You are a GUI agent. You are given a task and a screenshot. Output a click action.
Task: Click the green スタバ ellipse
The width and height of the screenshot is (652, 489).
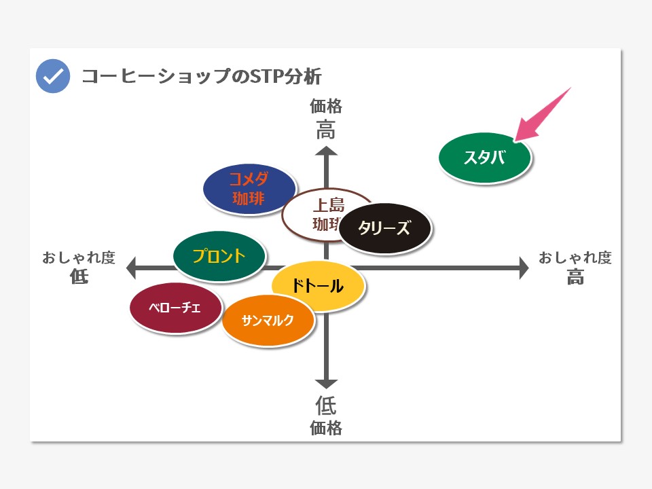pos(485,158)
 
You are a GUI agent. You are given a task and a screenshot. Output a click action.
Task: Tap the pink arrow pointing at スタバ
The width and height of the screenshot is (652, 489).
pos(542,115)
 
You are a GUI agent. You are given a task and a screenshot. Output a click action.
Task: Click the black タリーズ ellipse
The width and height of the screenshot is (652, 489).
pos(385,228)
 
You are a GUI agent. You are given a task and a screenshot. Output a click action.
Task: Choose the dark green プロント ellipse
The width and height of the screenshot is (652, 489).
pos(219,256)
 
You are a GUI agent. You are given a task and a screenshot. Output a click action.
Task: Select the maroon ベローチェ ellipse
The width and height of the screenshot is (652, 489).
pos(175,308)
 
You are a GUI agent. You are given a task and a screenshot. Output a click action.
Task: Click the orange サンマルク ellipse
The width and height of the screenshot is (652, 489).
pos(268,320)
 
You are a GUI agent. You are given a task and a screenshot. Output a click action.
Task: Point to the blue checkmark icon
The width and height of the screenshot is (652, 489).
pos(53,76)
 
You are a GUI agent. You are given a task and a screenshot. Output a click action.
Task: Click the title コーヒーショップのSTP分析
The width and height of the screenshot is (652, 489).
pos(202,77)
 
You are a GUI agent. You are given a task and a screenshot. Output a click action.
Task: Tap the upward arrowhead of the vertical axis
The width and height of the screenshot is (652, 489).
pos(326,151)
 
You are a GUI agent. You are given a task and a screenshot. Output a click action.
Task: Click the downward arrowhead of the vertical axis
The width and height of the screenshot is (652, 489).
pos(326,384)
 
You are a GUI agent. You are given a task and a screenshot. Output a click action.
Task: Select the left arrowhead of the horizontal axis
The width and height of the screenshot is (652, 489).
pos(131,268)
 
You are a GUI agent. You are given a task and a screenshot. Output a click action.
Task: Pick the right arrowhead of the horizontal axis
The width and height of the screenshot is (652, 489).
pos(524,268)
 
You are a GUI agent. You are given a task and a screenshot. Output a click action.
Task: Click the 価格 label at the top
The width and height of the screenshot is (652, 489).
pos(326,107)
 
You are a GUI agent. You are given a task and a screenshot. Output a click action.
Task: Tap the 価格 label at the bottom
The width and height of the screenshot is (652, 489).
pos(326,428)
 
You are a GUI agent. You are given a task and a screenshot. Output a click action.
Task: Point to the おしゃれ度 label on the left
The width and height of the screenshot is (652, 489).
pos(79,257)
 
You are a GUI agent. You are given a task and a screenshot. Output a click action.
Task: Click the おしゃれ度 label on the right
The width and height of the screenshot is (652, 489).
pos(575,257)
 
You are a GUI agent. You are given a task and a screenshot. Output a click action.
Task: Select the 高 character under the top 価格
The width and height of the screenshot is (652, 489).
pos(326,129)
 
